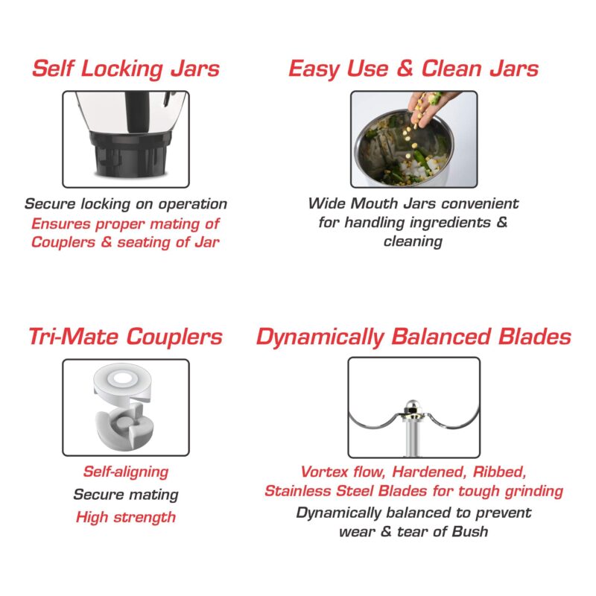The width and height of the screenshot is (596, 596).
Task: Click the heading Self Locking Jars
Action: click(126, 69)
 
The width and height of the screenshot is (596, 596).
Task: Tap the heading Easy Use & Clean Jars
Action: click(413, 69)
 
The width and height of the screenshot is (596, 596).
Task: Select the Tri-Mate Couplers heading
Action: click(125, 337)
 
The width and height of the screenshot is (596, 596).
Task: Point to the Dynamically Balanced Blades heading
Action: click(413, 337)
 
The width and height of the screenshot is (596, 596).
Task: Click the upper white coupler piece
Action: click(122, 384)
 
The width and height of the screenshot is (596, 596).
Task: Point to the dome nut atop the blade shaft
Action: click(413, 407)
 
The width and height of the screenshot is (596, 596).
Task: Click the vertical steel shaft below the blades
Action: click(413, 437)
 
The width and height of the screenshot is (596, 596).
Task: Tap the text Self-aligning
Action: click(126, 472)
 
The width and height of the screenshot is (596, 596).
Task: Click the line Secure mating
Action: click(126, 495)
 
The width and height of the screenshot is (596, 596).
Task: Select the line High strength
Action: click(126, 517)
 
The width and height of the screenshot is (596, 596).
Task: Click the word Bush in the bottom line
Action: click(470, 531)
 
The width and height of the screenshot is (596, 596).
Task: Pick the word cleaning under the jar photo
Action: click(413, 241)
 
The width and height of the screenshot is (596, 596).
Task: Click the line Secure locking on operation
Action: click(126, 204)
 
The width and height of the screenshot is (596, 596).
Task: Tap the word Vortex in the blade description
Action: click(324, 472)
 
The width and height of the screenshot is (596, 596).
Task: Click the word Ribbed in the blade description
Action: click(499, 472)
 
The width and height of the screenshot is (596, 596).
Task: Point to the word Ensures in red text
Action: click(61, 224)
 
